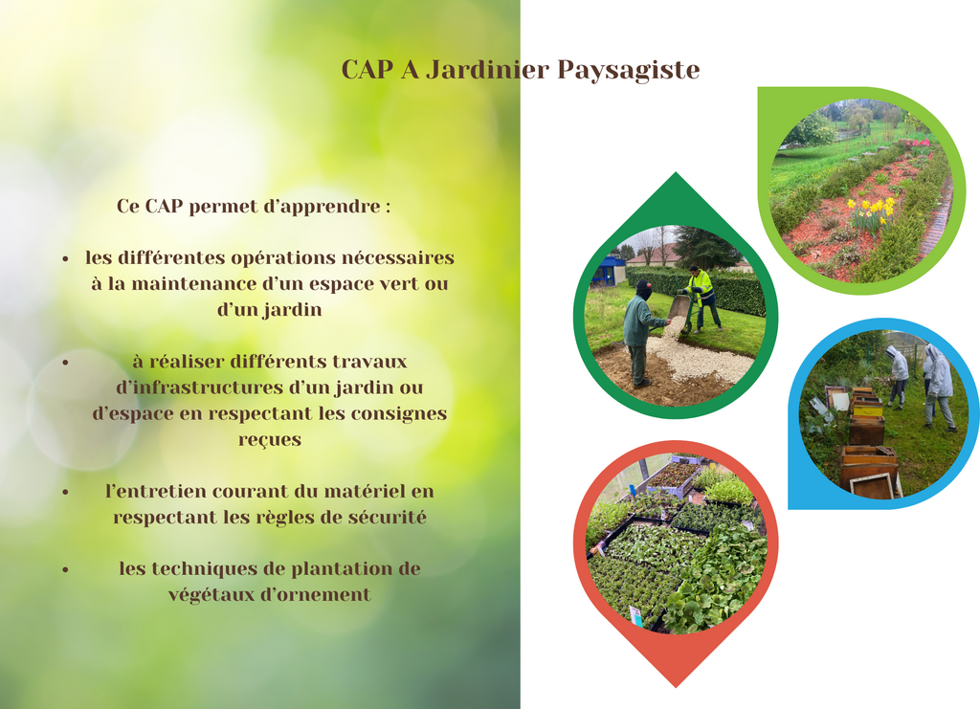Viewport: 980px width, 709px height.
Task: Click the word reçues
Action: (x=269, y=441)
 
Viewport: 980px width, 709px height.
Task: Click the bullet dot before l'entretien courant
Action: (x=66, y=492)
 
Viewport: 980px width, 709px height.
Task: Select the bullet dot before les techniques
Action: (x=66, y=569)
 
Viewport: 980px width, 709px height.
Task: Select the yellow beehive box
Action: (x=867, y=408)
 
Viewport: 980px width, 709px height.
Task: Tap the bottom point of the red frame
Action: (x=676, y=687)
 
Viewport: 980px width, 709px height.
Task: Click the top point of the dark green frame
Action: (x=676, y=173)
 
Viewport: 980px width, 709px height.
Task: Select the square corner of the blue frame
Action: (x=790, y=508)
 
